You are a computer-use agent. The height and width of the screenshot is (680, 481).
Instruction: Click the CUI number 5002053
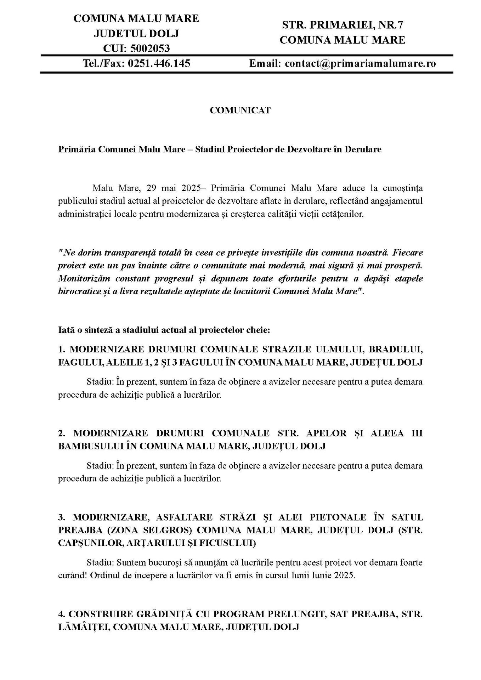tap(151, 48)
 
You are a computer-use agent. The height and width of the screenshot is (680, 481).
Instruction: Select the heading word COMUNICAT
tap(240, 110)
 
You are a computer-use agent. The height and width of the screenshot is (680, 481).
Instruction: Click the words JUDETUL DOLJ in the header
tap(136, 33)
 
